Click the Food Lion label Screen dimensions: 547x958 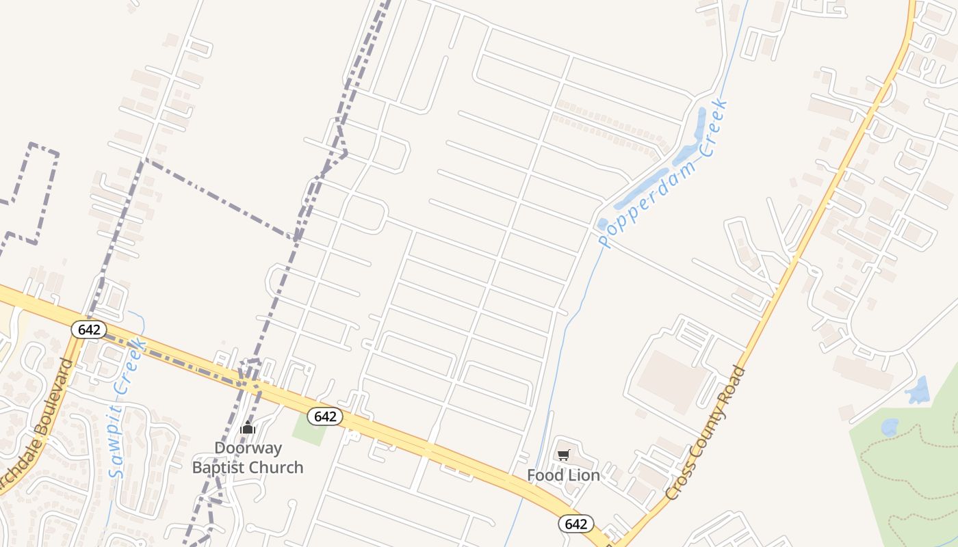coord(563,475)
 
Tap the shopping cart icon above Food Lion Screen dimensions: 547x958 coord(564,455)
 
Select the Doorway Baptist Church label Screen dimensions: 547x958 coord(248,458)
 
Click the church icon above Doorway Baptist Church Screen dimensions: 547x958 coord(248,429)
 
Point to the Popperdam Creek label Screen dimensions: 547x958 coord(662,174)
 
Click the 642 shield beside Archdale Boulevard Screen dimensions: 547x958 coord(89,330)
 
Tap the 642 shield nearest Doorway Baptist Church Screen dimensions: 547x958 coord(324,416)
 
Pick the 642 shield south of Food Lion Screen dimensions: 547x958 coord(576,524)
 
